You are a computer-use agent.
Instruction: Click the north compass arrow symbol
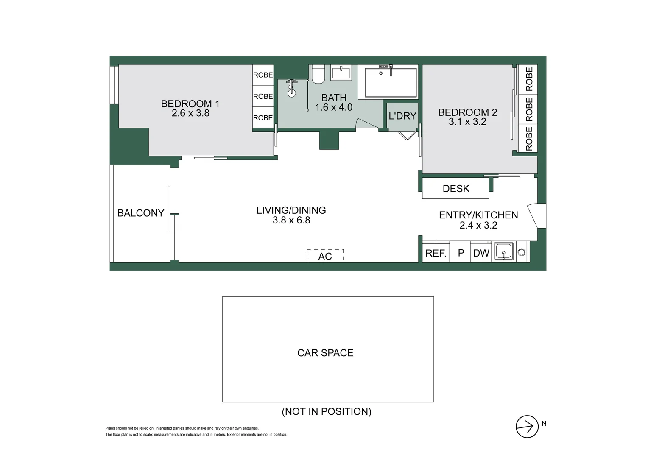[527, 426]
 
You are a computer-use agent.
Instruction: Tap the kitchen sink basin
[504, 251]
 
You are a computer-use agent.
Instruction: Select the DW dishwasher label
[481, 253]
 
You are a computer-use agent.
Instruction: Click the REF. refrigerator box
[436, 253]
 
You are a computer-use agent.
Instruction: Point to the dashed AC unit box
[325, 256]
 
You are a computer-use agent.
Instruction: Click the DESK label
[456, 189]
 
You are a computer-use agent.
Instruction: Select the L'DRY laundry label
[402, 116]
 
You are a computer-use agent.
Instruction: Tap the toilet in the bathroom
[318, 75]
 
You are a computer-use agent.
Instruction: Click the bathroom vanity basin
[341, 73]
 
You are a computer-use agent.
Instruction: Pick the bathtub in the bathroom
[391, 82]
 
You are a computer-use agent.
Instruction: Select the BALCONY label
[140, 213]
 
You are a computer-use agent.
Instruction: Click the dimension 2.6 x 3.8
[190, 113]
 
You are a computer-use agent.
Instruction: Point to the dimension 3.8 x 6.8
[291, 220]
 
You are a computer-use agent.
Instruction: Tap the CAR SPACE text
[325, 353]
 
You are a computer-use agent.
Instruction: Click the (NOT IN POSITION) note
[327, 411]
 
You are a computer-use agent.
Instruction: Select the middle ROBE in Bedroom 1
[263, 96]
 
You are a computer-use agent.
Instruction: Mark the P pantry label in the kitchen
[461, 253]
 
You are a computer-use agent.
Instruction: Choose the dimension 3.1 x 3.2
[467, 122]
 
